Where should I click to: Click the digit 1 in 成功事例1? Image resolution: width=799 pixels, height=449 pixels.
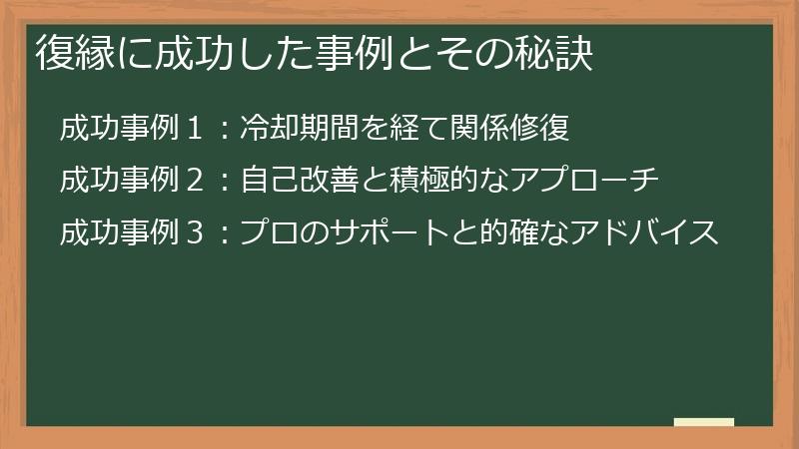click(196, 130)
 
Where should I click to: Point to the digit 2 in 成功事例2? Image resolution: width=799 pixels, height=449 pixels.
click(196, 182)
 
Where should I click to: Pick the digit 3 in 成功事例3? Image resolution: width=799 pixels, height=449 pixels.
click(196, 233)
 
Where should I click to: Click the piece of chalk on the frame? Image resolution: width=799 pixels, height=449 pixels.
click(704, 423)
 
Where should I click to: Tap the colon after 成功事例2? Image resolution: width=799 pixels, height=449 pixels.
click(225, 183)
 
